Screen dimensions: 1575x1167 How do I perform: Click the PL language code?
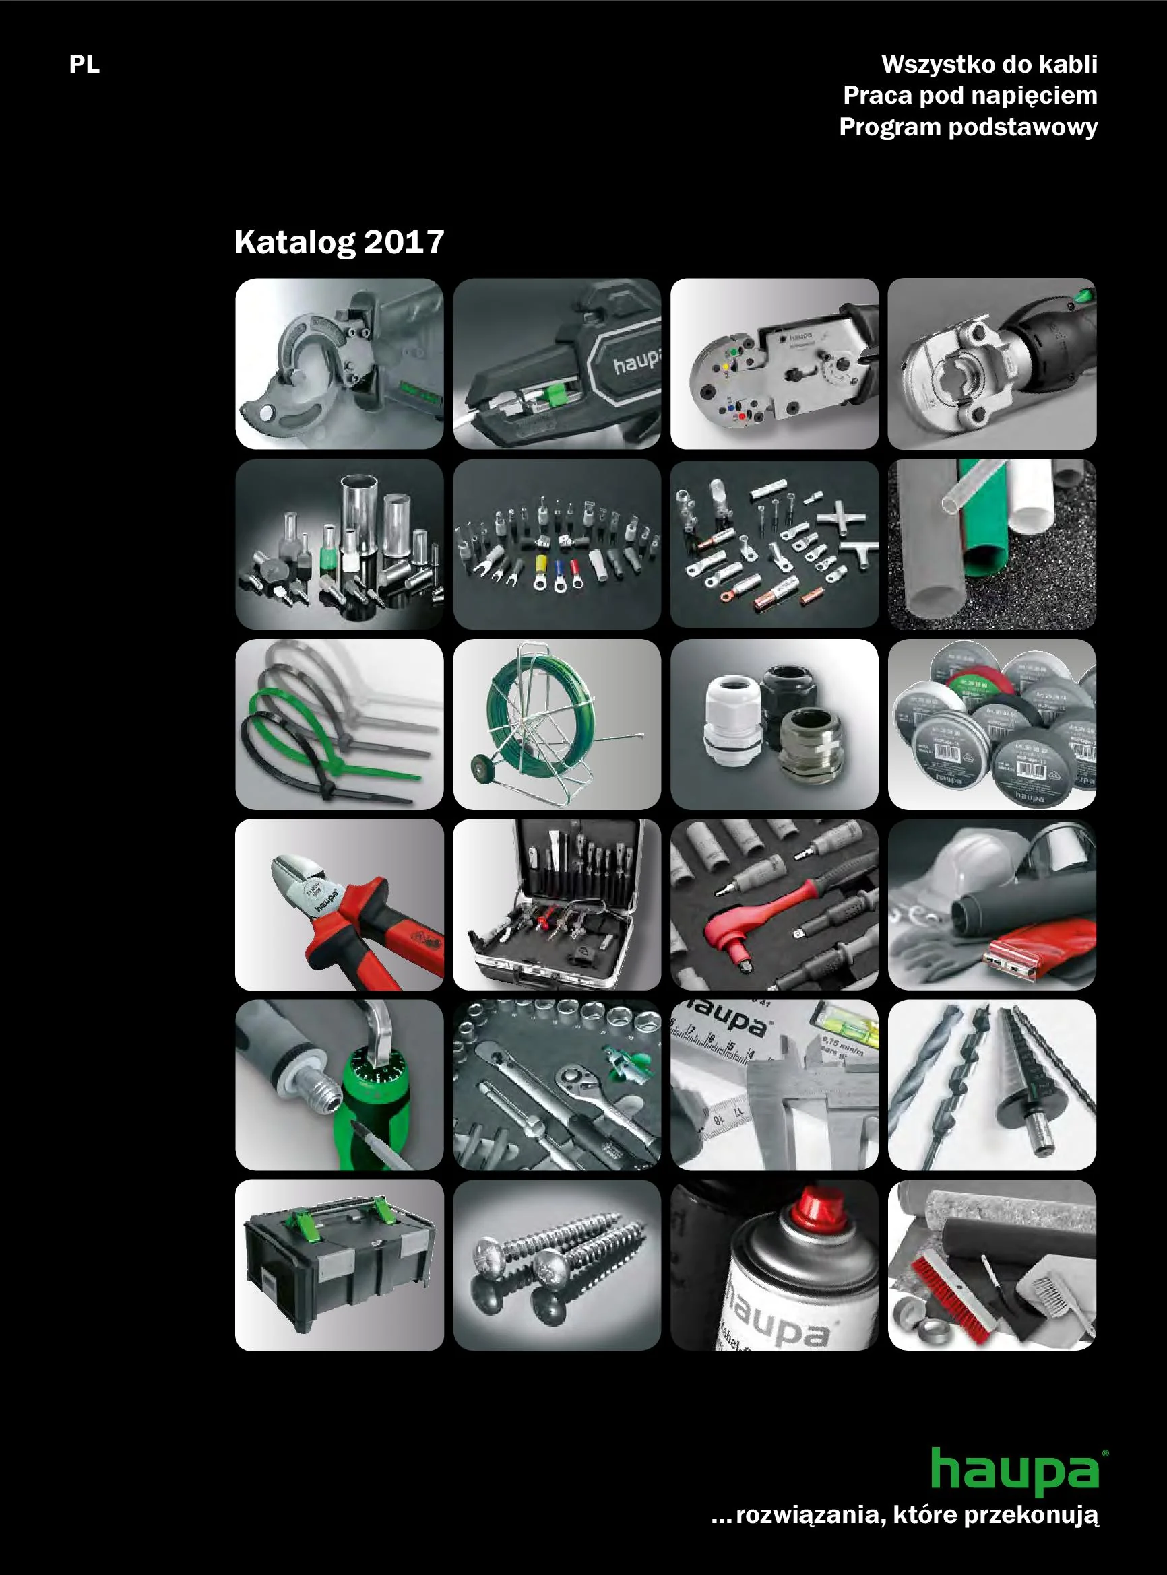pos(84,64)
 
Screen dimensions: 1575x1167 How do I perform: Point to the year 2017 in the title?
pos(404,242)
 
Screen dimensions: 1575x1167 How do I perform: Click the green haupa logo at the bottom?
pos(1015,1471)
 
